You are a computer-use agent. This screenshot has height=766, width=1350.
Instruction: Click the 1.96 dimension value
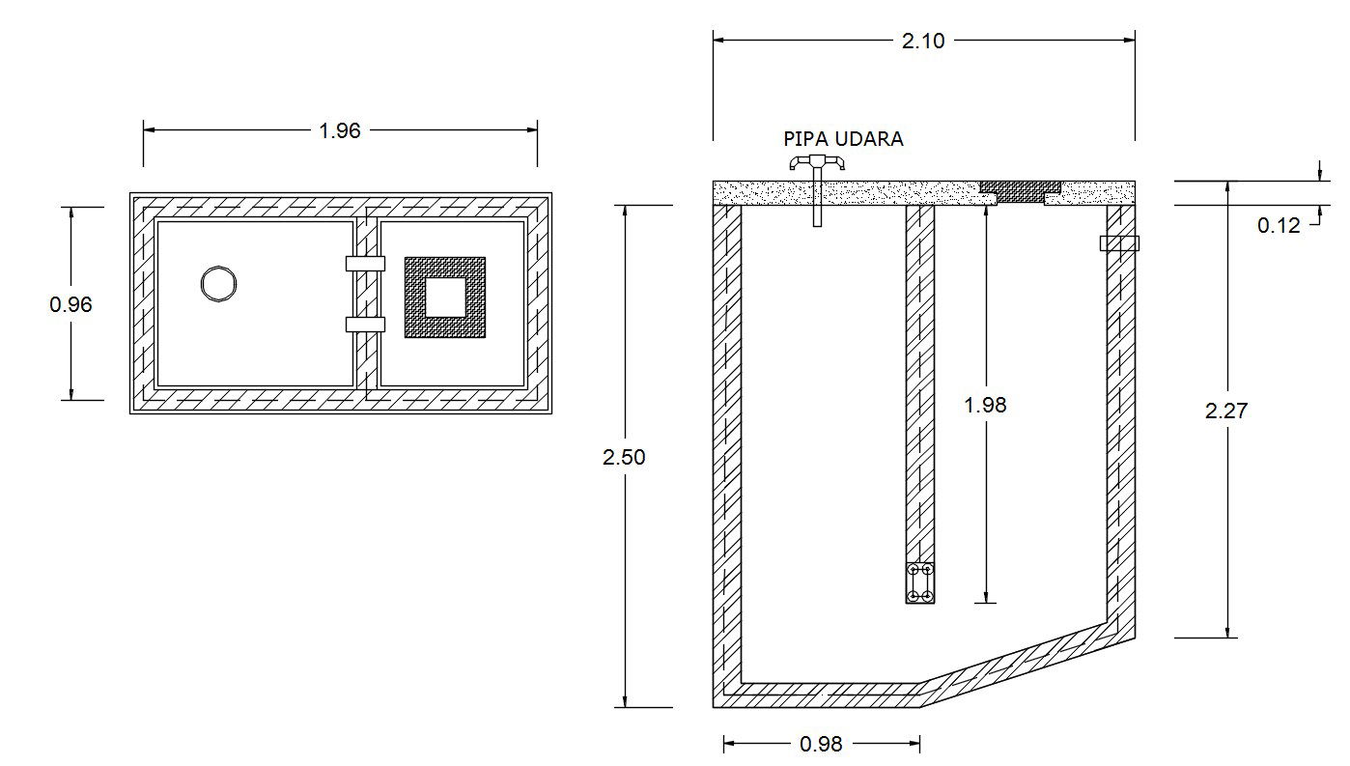coord(339,130)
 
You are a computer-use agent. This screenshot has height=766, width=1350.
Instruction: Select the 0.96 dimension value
coord(70,304)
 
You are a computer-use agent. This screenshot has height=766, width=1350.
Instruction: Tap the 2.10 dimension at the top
coord(922,41)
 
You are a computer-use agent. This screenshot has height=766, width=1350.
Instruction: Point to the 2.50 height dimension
coord(623,458)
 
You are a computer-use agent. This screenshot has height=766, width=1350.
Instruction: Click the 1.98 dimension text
coord(985,406)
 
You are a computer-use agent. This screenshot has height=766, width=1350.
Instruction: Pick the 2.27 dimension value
coord(1226,411)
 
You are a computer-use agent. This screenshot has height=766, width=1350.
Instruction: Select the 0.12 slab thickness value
coord(1278,226)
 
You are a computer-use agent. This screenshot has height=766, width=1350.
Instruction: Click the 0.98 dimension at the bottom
coord(821,744)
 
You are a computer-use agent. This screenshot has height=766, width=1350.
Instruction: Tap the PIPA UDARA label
coord(843,139)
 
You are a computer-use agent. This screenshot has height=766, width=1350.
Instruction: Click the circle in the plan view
coord(219,283)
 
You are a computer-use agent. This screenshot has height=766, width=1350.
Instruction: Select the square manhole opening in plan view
coord(445,297)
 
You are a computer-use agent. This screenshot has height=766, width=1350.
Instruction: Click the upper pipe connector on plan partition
coord(365,263)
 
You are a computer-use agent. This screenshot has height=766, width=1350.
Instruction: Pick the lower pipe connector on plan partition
coord(365,325)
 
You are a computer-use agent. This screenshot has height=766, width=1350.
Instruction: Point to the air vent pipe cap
coord(816,163)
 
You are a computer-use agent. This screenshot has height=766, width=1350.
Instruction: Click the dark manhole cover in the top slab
coord(1021,191)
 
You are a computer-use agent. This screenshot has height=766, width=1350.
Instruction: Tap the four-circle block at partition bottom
coord(920,583)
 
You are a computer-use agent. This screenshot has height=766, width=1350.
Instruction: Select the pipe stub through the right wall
coord(1120,243)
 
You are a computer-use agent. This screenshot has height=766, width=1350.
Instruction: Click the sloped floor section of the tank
coord(1024,663)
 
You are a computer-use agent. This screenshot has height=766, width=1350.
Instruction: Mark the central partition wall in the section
coord(920,386)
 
